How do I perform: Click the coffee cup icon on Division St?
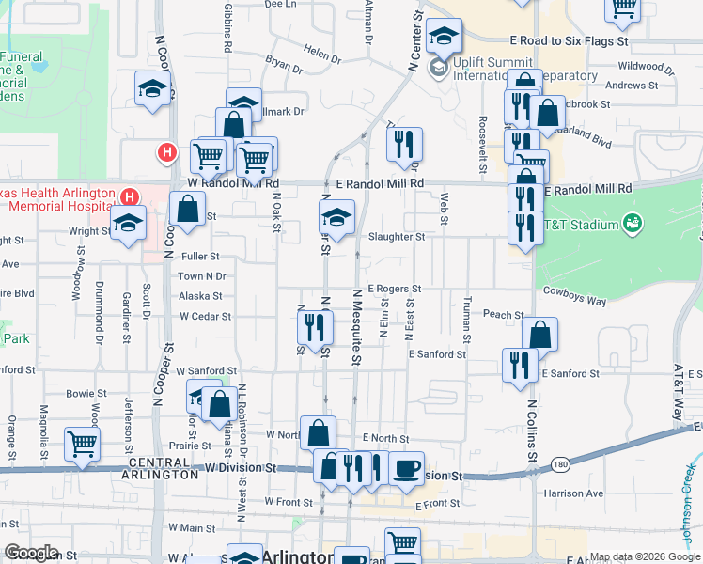tap(406, 467)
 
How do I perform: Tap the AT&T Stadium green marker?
tap(633, 224)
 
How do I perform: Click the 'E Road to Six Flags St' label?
tap(569, 42)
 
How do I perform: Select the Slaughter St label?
tap(397, 237)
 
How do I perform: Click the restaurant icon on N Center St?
tap(404, 144)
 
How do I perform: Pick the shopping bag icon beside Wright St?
tap(188, 209)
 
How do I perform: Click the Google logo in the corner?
tap(31, 553)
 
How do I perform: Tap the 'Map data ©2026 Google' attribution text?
tap(645, 557)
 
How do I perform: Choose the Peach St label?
tap(503, 315)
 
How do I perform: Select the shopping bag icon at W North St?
tap(318, 432)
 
